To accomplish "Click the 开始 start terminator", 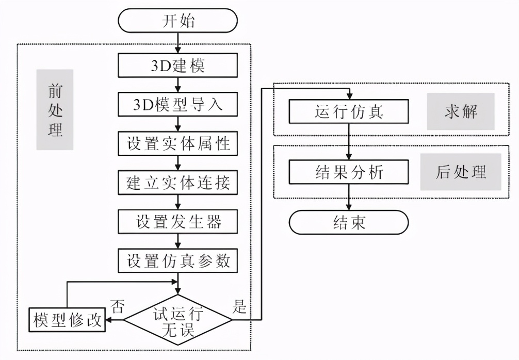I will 178,21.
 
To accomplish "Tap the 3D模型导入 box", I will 178,104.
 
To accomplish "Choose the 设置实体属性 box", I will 178,143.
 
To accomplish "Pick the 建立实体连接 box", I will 178,183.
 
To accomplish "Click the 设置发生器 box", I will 178,222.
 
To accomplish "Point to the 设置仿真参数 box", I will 178,261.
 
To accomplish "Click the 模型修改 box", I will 66,320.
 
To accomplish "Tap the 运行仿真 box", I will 349,111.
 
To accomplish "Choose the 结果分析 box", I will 349,172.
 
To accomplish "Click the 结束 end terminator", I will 349,222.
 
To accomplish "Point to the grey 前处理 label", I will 55,110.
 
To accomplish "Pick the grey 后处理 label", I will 461,172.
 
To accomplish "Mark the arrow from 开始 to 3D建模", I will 178,43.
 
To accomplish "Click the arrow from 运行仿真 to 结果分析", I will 349,142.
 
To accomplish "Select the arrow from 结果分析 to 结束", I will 349,198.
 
